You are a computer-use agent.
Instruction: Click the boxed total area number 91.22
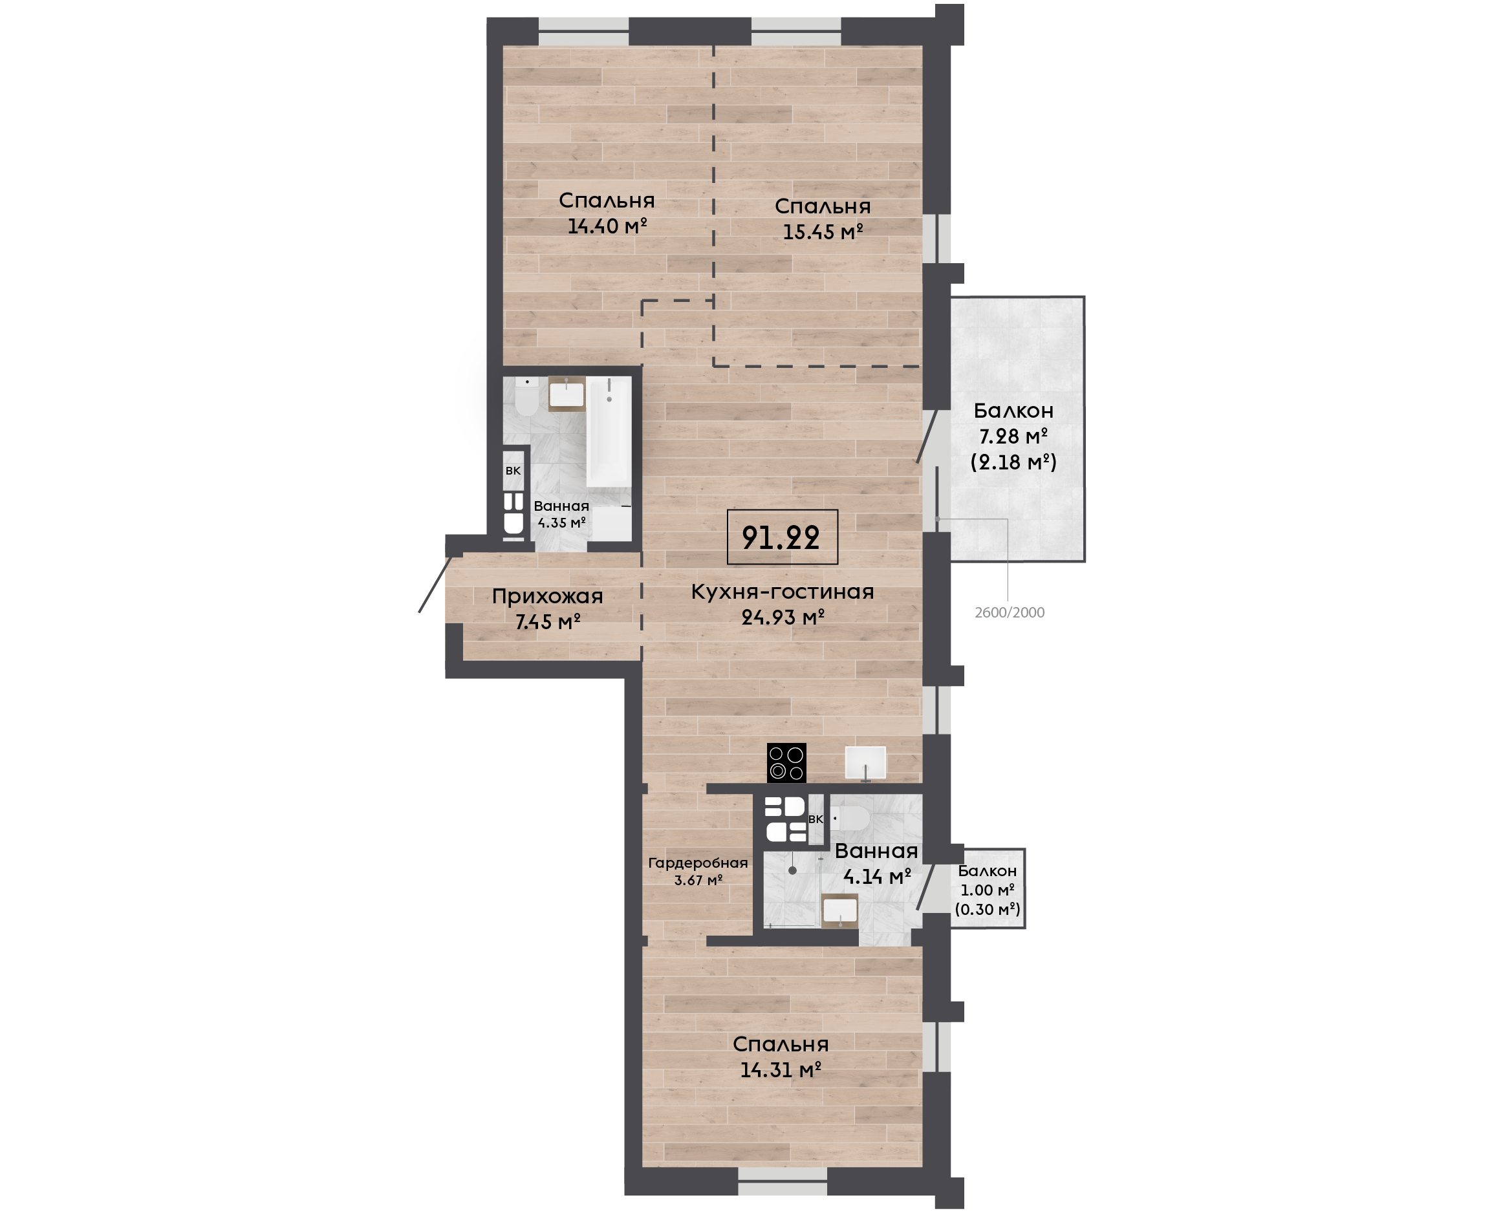coord(781,537)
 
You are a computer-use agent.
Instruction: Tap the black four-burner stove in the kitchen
coord(786,762)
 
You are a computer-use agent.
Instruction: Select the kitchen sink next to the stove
coord(865,762)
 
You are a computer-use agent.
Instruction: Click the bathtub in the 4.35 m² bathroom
coord(609,431)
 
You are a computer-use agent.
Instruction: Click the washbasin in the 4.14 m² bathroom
coord(839,910)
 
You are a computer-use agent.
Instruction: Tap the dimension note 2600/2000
coord(1009,613)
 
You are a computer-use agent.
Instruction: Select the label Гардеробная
coord(697,863)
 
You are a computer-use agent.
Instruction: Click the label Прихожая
coord(547,596)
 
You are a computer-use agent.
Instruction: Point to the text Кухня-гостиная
coord(782,592)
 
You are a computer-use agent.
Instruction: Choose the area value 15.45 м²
coord(823,231)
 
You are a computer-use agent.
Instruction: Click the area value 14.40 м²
coord(607,226)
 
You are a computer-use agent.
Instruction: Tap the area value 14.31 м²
coord(780,1069)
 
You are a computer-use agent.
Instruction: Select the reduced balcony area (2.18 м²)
coord(1013,462)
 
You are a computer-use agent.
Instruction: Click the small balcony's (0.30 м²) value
coord(988,909)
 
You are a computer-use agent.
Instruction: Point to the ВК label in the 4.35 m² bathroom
coord(513,471)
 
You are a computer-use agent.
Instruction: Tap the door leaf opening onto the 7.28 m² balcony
coord(927,436)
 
